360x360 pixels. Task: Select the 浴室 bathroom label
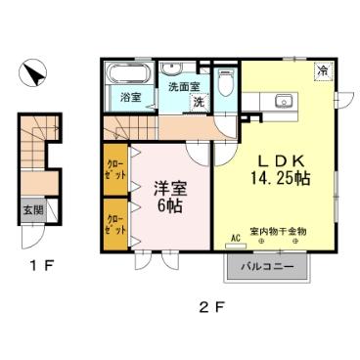[x=130, y=97]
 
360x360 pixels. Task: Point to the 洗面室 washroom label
[x=180, y=86]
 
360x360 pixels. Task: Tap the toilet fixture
[x=226, y=82]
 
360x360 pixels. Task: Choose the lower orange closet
[x=114, y=225]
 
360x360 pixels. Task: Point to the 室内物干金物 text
[x=279, y=231]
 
